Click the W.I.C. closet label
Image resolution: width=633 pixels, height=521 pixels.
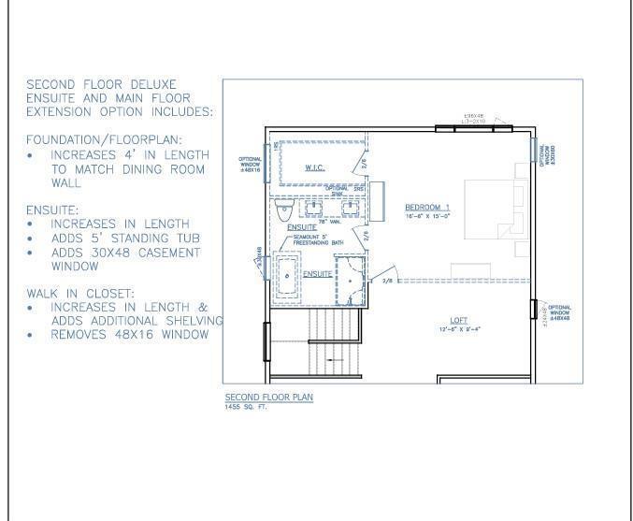click(314, 168)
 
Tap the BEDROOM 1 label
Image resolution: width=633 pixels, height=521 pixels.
click(427, 206)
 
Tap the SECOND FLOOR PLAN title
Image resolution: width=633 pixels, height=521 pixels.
click(268, 398)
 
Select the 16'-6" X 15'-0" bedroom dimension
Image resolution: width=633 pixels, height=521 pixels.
click(427, 215)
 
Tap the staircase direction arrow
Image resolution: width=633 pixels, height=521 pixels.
click(333, 360)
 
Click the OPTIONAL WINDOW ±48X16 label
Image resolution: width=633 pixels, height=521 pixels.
click(249, 165)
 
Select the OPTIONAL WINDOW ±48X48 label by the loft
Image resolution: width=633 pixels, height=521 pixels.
click(560, 313)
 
